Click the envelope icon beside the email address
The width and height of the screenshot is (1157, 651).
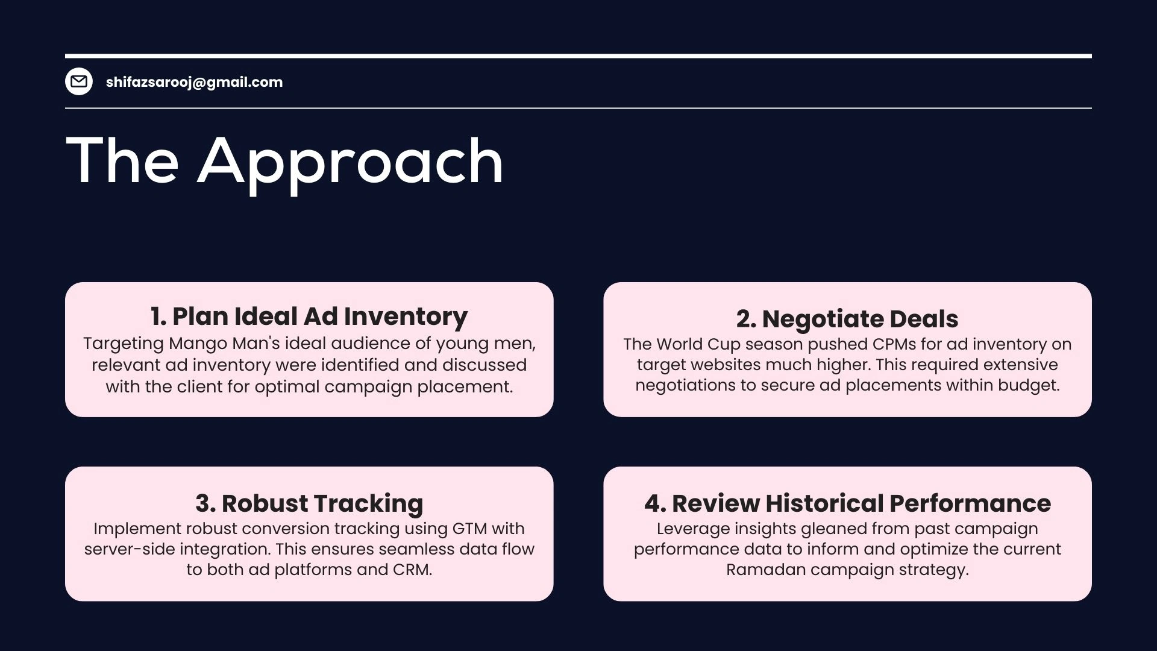click(79, 81)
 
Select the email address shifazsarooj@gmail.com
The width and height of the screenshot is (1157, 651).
click(194, 82)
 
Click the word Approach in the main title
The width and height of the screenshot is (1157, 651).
click(350, 162)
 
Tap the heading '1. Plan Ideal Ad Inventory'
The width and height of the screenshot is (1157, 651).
click(309, 316)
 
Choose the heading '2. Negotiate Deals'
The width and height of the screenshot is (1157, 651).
click(847, 319)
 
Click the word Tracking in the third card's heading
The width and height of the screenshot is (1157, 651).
click(368, 503)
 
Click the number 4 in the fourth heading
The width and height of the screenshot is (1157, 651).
click(652, 503)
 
